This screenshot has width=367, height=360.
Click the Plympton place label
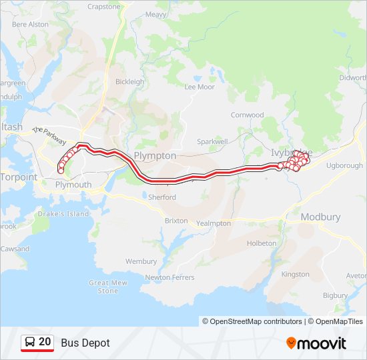(155, 155)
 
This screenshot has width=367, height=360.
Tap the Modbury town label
(320, 217)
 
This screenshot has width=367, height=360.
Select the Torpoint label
(19, 177)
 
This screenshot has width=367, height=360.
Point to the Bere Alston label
(31, 24)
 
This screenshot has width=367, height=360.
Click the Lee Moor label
(200, 87)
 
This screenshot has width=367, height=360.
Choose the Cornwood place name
(248, 115)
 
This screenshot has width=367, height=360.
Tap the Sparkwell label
(213, 142)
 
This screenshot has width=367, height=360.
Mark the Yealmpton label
(214, 223)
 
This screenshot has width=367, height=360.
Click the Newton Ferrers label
(169, 277)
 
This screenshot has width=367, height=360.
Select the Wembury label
(141, 261)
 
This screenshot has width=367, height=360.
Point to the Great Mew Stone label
(108, 287)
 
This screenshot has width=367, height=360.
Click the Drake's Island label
(63, 214)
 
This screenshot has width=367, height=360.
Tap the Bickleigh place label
(129, 82)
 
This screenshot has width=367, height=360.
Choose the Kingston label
(296, 274)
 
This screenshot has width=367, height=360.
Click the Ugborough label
(345, 165)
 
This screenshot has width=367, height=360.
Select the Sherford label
(162, 197)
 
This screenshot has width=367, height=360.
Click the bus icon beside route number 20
(30, 342)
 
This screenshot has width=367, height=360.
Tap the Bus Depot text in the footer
(85, 343)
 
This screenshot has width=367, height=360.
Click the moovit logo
(316, 343)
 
